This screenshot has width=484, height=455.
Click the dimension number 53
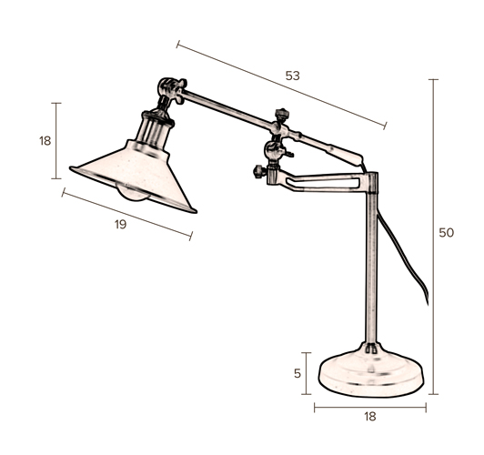293,76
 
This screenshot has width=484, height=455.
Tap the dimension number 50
447,233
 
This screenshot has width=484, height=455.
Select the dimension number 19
121,225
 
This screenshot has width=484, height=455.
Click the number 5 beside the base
297,373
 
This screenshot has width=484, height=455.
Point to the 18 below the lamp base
370,417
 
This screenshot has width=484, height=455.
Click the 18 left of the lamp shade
45,141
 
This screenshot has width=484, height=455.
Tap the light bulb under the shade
134,192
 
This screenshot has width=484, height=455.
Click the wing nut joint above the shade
172,89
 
